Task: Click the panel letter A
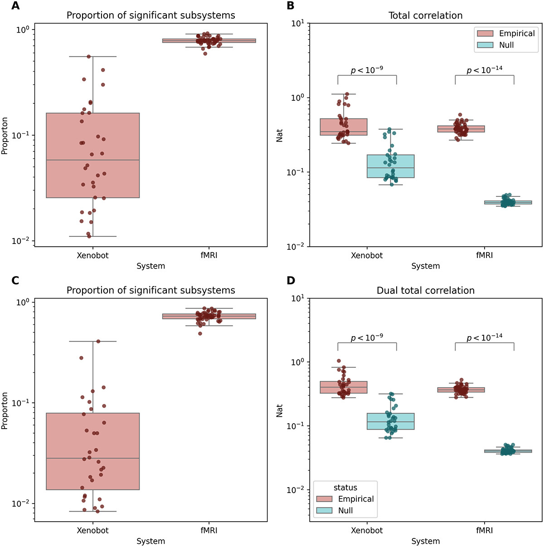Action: coord(16,6)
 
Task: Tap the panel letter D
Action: coord(291,281)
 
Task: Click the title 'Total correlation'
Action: coord(425,15)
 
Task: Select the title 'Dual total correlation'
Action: coord(425,290)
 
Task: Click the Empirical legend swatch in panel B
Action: coord(485,34)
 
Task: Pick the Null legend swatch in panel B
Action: coord(485,45)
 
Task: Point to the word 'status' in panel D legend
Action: coord(345,488)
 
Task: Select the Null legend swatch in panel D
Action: coord(324,511)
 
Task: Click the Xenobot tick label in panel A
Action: coord(92,255)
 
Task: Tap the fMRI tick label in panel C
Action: coord(209,530)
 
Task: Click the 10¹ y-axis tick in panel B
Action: coord(297,23)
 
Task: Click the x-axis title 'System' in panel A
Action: coord(151,266)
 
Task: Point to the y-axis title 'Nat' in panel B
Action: coord(280,135)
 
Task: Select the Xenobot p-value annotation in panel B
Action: coord(367,69)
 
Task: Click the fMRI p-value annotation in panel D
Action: coord(484,337)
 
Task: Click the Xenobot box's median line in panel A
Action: coord(92,160)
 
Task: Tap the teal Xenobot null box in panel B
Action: coord(390,166)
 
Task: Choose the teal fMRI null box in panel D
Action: coord(508,451)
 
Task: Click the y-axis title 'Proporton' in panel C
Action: coord(5,410)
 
